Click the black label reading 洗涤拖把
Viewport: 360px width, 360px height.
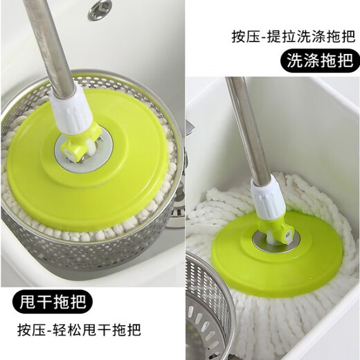pos(318,62)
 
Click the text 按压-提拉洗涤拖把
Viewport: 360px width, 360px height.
pos(294,35)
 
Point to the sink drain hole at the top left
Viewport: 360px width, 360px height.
pos(100,9)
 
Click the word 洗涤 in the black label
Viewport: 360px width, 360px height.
pos(303,62)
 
